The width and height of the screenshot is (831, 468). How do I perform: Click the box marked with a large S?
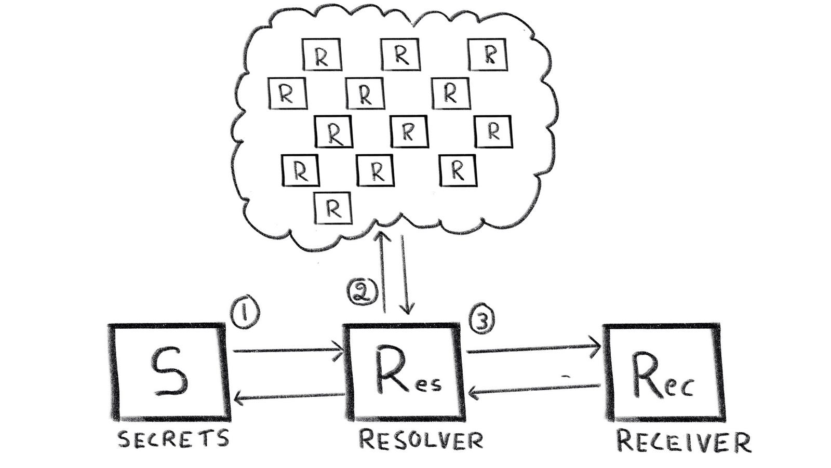pos(169,372)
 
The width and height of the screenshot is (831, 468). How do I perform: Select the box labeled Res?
pos(404,372)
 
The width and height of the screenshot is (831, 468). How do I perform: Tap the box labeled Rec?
pos(663,372)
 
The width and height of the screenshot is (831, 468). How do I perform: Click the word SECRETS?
pos(173,439)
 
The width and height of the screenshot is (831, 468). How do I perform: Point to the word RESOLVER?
pos(421,441)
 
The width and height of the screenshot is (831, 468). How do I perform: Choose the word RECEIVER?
pos(683,442)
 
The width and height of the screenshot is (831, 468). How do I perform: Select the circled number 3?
pos(482,322)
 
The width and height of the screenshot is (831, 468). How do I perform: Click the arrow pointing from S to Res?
pos(288,351)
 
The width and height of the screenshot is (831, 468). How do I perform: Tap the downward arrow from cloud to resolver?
pos(406,275)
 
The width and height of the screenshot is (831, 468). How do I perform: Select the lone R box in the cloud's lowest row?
pos(333,208)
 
